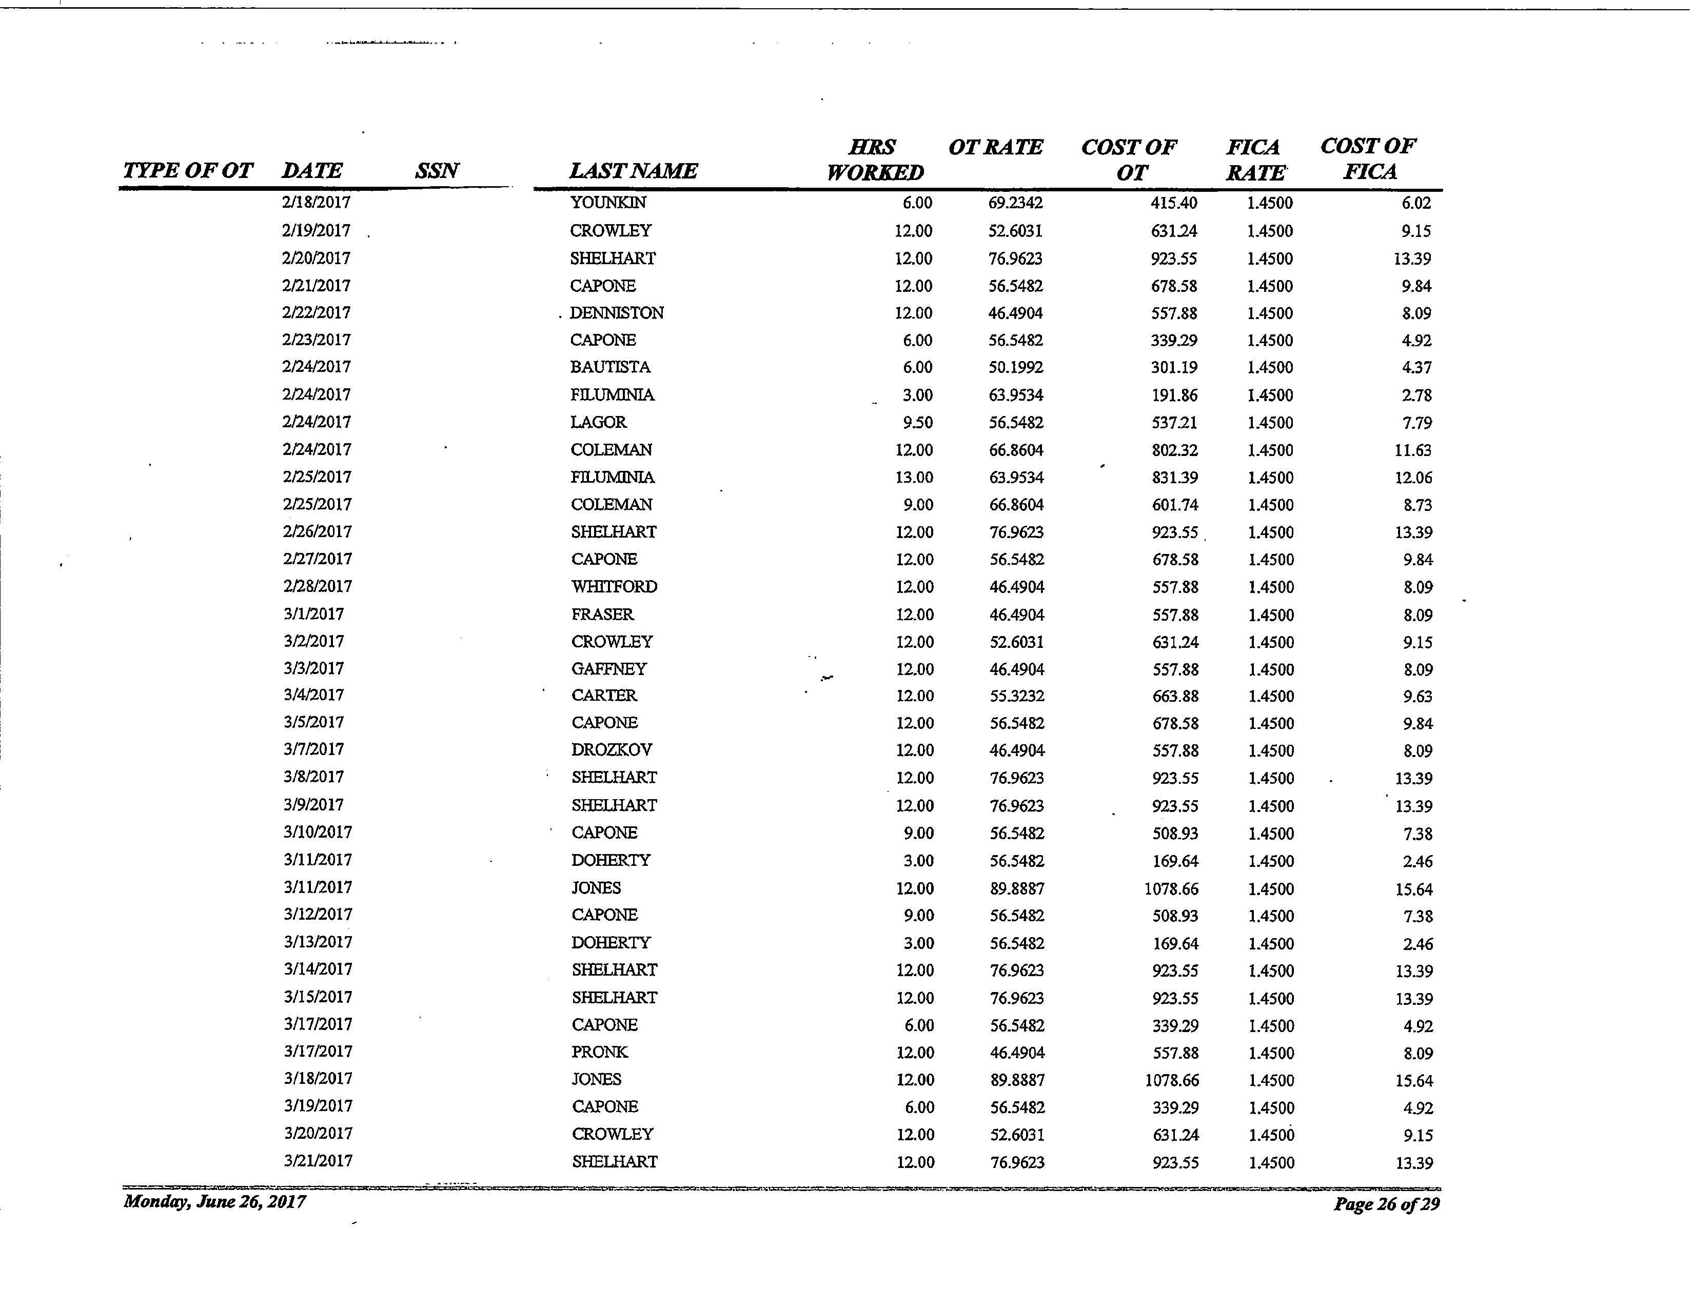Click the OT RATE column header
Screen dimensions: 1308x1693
[x=995, y=147]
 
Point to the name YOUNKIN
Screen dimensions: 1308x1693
[x=608, y=203]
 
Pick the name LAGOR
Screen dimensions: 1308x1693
[x=598, y=422]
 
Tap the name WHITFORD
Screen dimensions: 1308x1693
[x=614, y=587]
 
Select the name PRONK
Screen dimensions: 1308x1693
[x=600, y=1052]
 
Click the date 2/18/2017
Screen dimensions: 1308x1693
[x=316, y=203]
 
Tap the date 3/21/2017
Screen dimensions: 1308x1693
[x=318, y=1161]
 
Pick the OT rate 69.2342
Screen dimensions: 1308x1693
[x=1015, y=204]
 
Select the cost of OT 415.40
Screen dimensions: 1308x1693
[x=1174, y=204]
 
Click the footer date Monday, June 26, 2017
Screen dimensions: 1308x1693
[x=215, y=1202]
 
